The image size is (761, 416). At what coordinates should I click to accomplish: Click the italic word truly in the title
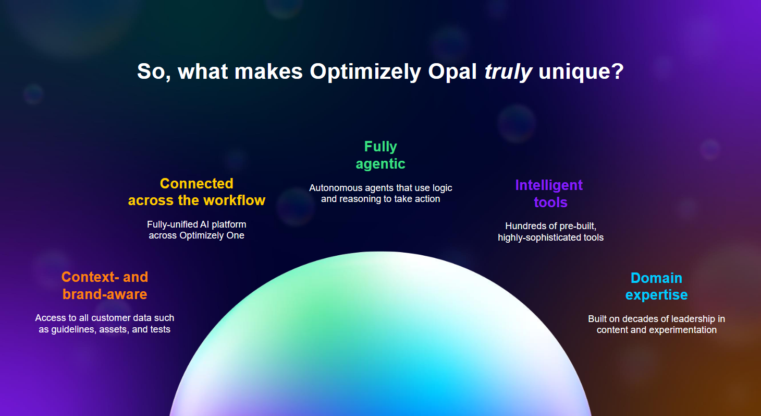point(508,72)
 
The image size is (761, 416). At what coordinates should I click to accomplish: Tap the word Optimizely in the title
point(366,72)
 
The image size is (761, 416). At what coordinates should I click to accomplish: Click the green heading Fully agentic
point(380,155)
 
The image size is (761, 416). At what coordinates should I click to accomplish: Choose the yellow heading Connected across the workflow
point(197,192)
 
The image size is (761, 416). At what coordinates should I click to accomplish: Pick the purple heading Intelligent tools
point(549,193)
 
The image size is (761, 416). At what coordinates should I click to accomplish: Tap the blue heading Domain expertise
point(656,286)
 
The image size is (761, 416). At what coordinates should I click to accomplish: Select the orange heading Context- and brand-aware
point(105,285)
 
